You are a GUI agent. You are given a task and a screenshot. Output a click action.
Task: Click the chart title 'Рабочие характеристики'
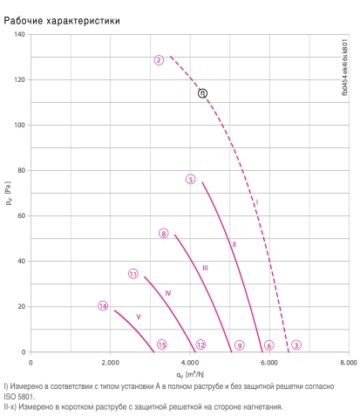(62, 21)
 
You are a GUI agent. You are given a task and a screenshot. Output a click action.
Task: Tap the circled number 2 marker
(159, 60)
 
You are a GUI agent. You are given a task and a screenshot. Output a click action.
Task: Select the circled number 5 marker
(191, 180)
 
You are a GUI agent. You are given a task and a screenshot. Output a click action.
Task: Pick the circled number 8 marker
(164, 233)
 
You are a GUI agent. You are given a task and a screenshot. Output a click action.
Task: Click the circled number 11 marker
(133, 274)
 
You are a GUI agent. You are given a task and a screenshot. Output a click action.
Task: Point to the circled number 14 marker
(103, 306)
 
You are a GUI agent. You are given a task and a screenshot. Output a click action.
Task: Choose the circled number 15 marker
(162, 344)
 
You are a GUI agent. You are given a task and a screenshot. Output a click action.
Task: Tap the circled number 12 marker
(200, 344)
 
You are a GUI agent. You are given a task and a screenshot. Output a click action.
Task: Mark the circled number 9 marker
(240, 345)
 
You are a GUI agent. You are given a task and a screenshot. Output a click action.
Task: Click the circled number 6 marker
(269, 345)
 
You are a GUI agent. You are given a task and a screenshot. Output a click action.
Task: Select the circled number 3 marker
(296, 344)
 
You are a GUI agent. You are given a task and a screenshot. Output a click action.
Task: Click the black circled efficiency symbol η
(202, 93)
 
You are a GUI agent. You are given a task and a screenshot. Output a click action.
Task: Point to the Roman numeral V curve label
(139, 317)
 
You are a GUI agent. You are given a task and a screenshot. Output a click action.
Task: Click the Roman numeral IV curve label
(168, 293)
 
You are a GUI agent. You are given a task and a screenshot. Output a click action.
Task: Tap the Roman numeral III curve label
(205, 268)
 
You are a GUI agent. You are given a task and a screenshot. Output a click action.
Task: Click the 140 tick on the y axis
(20, 34)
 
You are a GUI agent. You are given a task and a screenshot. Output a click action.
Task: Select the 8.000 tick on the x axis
(349, 363)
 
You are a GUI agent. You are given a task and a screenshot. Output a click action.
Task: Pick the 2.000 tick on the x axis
(110, 363)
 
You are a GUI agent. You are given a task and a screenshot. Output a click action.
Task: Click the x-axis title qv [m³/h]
(190, 374)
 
